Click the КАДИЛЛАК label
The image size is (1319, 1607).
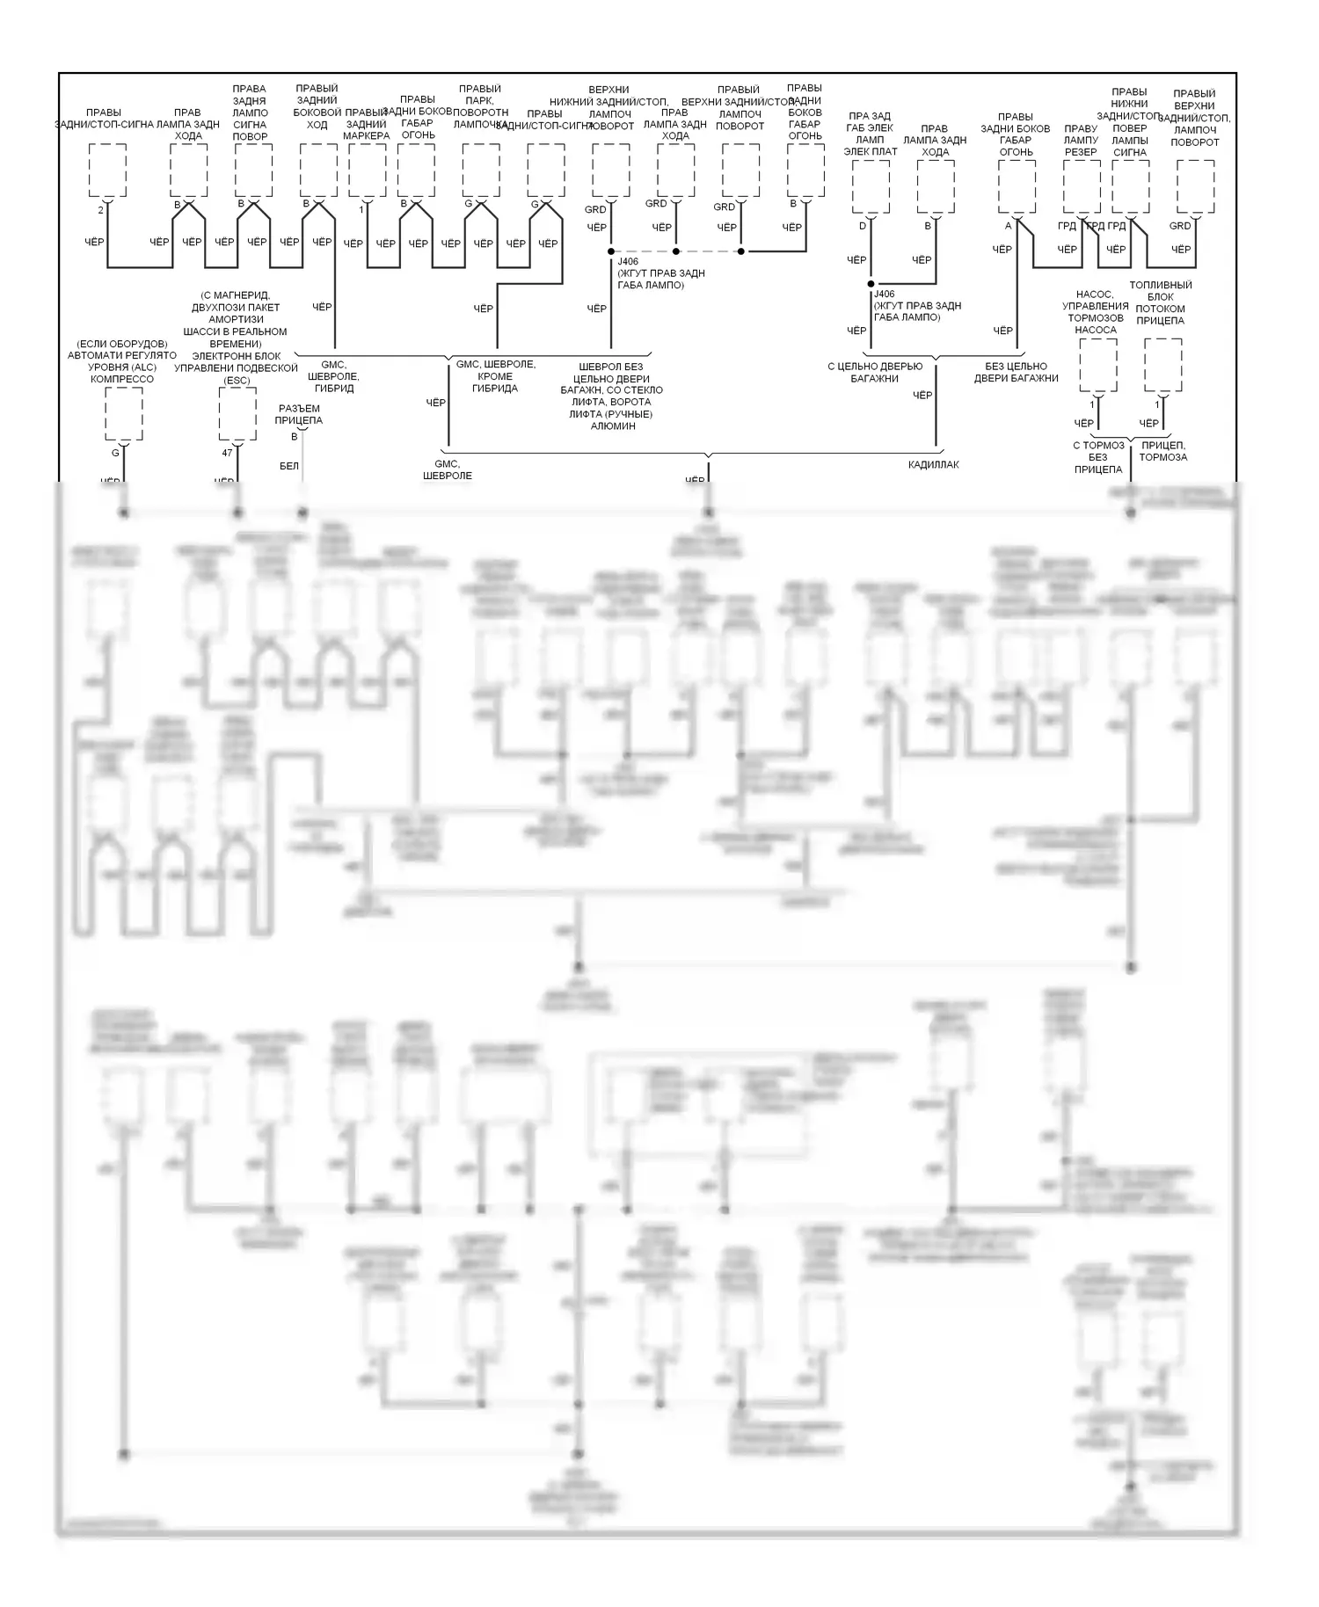point(933,464)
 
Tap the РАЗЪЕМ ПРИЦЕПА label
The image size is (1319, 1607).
point(298,414)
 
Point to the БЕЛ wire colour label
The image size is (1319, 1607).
point(289,466)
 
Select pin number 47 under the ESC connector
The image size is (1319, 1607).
point(227,453)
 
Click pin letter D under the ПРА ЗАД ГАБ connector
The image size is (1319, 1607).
point(863,226)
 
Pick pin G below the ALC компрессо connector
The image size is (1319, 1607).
point(115,453)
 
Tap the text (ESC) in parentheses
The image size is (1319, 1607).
point(237,380)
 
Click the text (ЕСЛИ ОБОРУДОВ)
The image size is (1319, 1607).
point(122,344)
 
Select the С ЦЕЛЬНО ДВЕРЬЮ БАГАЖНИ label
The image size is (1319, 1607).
point(874,372)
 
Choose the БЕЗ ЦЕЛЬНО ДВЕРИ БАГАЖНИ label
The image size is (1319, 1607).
point(1016,372)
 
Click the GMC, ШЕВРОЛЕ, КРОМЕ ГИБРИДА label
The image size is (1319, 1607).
point(495,376)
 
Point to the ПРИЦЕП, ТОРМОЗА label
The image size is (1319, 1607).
point(1162,451)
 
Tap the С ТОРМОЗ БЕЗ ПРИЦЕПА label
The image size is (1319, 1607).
point(1098,457)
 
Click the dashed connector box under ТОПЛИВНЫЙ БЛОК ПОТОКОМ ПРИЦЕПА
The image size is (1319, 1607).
point(1162,365)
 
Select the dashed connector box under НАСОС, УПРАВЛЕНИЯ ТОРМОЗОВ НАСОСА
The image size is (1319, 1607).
point(1097,365)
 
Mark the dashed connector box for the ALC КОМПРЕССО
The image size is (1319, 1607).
point(124,413)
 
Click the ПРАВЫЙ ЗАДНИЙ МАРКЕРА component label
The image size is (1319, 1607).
point(367,124)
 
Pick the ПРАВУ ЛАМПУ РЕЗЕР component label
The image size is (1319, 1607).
point(1081,140)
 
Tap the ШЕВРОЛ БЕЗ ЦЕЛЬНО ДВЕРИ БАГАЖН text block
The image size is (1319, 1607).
point(611,396)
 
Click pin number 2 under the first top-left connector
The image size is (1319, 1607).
point(101,210)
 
